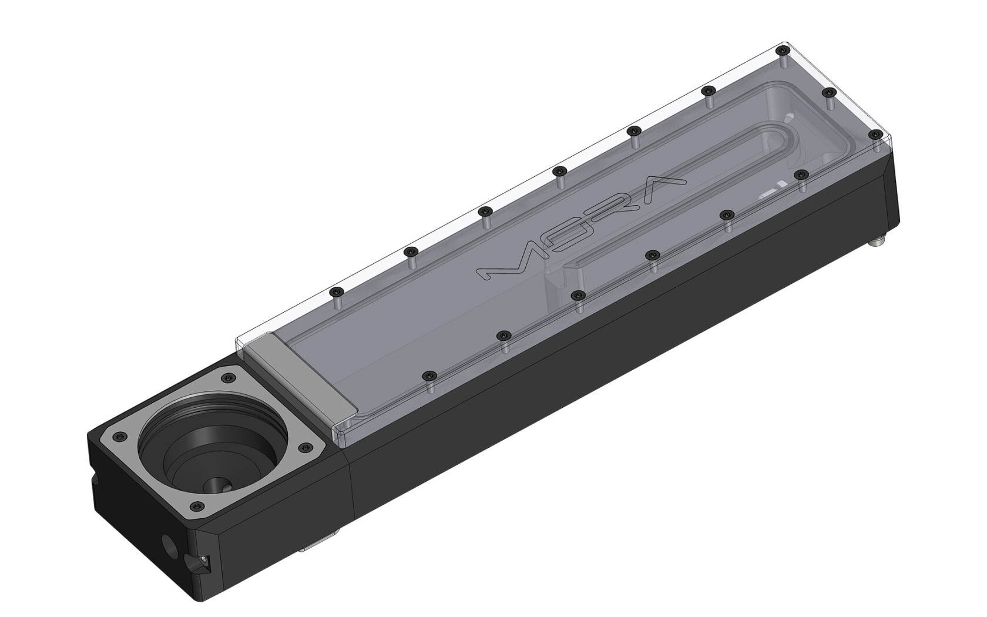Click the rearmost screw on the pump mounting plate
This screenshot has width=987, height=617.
[x=227, y=378]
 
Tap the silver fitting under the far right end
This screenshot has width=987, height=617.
[x=877, y=240]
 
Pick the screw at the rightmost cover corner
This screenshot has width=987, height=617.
[x=876, y=134]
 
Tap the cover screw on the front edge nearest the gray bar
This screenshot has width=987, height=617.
[x=431, y=374]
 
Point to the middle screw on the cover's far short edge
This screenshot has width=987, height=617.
[x=829, y=92]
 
